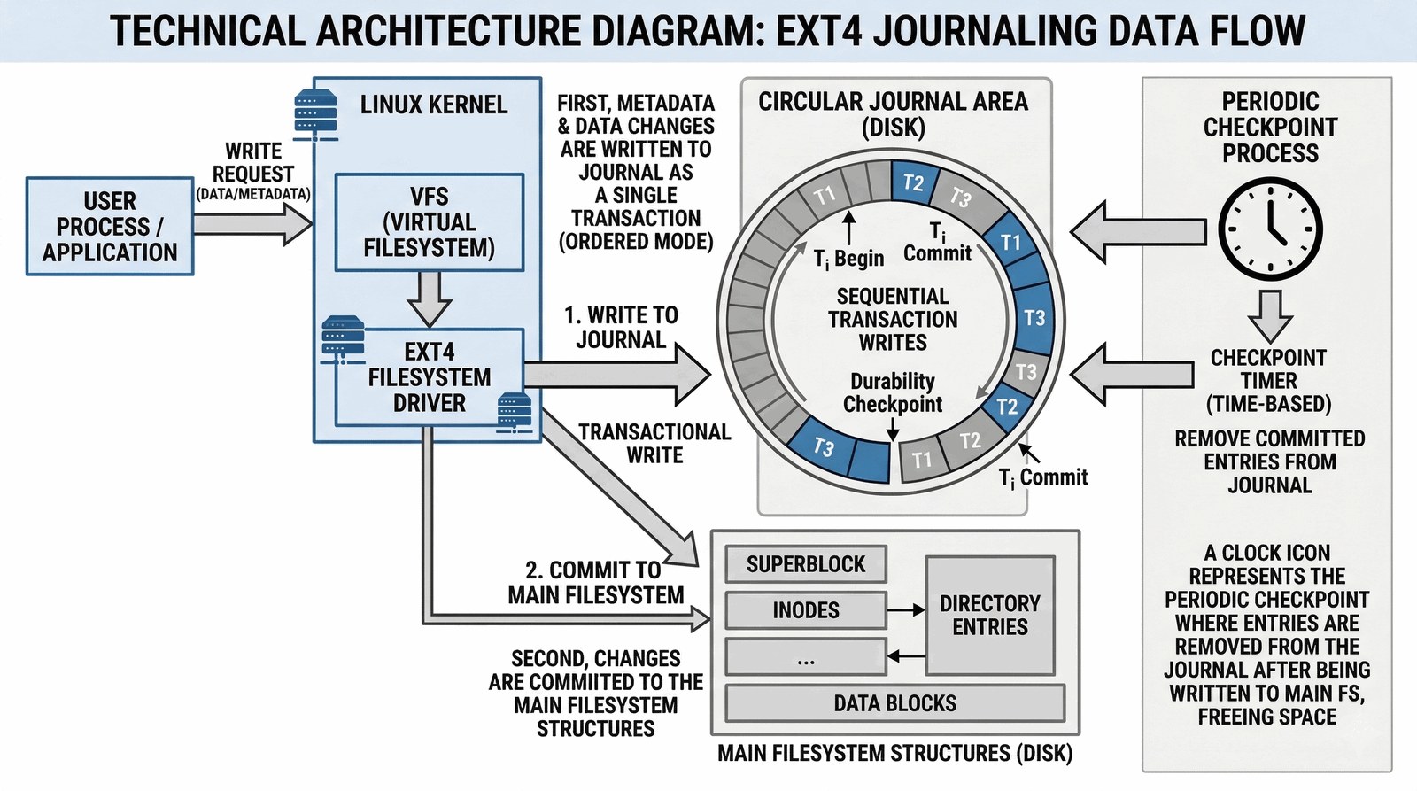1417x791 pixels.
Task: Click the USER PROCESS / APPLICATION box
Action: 110,227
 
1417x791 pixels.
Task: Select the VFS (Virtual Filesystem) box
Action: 430,222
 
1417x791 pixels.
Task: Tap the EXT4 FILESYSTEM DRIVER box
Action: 430,377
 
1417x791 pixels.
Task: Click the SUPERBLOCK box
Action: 805,564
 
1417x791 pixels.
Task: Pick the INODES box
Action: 805,610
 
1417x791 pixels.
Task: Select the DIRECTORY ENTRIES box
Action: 989,616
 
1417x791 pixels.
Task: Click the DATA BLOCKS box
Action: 894,703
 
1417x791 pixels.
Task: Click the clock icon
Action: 1270,229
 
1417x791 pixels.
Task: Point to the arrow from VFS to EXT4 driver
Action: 430,299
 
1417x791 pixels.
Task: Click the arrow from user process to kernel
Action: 252,222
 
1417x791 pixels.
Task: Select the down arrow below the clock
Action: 1270,314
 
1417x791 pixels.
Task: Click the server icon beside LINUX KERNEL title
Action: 315,115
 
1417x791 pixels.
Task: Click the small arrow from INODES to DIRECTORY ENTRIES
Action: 906,610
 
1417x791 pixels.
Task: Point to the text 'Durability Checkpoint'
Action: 893,392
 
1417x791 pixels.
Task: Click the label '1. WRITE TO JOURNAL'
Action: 621,328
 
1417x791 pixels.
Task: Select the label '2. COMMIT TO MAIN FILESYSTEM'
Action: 596,582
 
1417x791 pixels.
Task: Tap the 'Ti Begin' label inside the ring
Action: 848,259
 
